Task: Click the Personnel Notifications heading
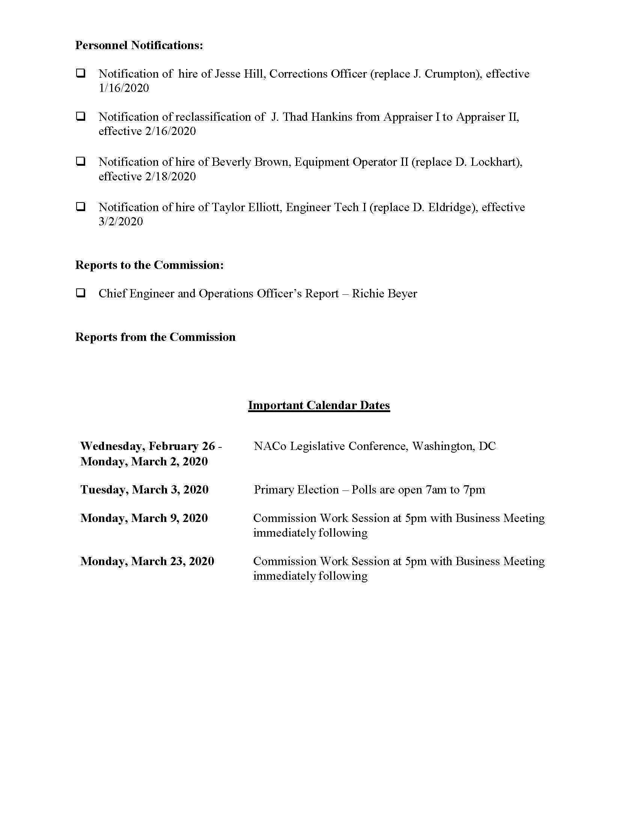[x=139, y=45]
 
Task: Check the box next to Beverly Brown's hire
[x=81, y=161]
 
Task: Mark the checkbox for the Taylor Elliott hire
[x=81, y=207]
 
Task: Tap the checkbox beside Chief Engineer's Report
[x=81, y=293]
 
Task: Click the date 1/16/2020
[x=123, y=88]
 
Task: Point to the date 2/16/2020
[x=170, y=131]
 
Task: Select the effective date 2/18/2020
[x=170, y=176]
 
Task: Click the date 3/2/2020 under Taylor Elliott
[x=120, y=221]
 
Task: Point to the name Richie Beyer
[x=384, y=294]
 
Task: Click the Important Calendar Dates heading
[x=319, y=405]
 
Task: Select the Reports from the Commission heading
[x=155, y=337]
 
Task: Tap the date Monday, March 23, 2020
[x=147, y=561]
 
